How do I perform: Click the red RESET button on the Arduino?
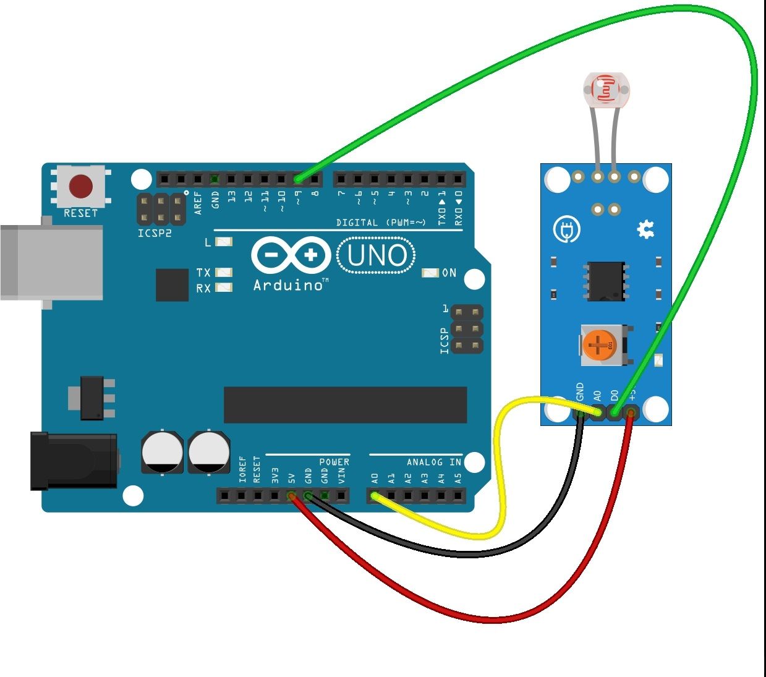coord(81,186)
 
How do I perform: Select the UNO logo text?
coord(377,256)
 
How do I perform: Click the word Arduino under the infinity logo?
coord(288,285)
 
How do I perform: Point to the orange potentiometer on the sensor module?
coord(598,345)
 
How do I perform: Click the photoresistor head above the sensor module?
coord(606,90)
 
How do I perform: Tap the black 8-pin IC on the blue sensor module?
coord(605,281)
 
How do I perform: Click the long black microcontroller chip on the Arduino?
coord(345,405)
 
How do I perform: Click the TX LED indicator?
coord(223,272)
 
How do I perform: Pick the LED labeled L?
coord(223,242)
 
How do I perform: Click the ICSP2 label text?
coord(155,234)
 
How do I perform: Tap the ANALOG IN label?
coord(433,462)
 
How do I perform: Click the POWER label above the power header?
coord(334,462)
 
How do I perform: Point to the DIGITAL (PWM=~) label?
coord(381,223)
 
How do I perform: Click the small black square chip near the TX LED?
coord(172,284)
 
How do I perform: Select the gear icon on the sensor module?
coord(645,230)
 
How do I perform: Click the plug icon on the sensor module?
coord(566,229)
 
